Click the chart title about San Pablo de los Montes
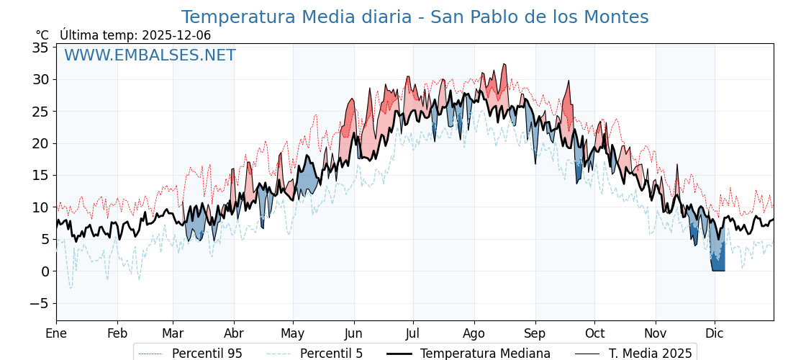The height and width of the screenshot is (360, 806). (x=415, y=17)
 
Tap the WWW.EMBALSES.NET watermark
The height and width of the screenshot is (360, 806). (x=150, y=55)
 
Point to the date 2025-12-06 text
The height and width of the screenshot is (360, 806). (x=176, y=35)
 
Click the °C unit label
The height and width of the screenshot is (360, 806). (x=42, y=35)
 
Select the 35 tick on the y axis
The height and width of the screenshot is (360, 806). (x=40, y=48)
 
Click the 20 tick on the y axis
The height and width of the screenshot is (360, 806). (x=40, y=143)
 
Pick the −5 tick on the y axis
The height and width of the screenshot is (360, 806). (x=39, y=303)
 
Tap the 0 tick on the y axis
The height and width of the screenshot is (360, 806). (x=45, y=271)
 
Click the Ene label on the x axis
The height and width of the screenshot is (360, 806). (x=56, y=333)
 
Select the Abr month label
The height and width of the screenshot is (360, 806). (x=234, y=333)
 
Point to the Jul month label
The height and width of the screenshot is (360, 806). (x=413, y=333)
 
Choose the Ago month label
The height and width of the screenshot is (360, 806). (x=474, y=333)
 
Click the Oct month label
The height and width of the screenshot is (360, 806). (x=594, y=333)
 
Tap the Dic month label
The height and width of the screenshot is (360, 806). (x=715, y=333)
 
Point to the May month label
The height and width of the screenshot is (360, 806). (x=293, y=333)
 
